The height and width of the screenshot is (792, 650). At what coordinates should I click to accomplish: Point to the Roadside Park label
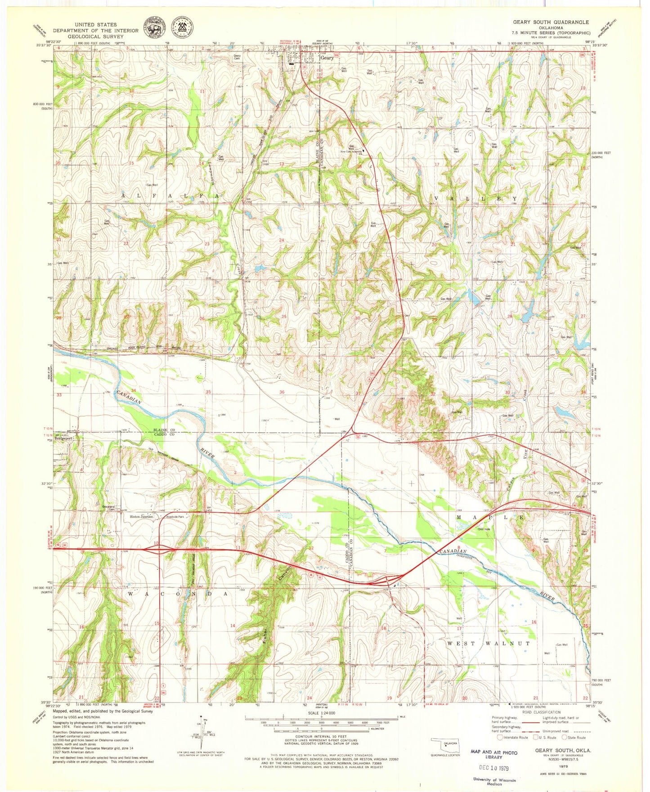(175, 517)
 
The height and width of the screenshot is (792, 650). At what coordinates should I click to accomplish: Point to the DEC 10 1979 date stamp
(493, 768)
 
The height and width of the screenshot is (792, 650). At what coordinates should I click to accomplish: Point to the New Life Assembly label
(351, 152)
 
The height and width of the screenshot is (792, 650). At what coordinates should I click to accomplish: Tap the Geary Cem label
(237, 57)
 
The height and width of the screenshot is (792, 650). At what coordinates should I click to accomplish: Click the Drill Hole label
(484, 529)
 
